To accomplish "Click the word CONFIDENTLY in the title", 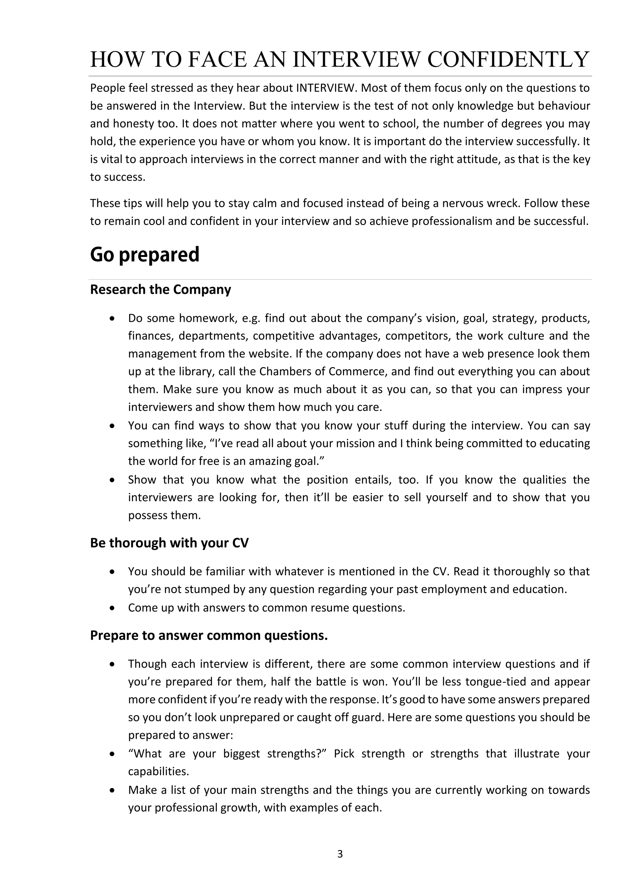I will pyautogui.click(x=508, y=59).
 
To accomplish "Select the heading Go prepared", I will pyautogui.click(x=145, y=255).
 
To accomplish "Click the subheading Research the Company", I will pyautogui.click(x=160, y=289).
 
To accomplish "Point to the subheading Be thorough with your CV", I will pyautogui.click(x=169, y=543).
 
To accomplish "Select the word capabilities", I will pyautogui.click(x=158, y=771).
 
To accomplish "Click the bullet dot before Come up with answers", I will pyautogui.click(x=112, y=608).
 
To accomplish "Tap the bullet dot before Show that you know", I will pyautogui.click(x=112, y=480).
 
